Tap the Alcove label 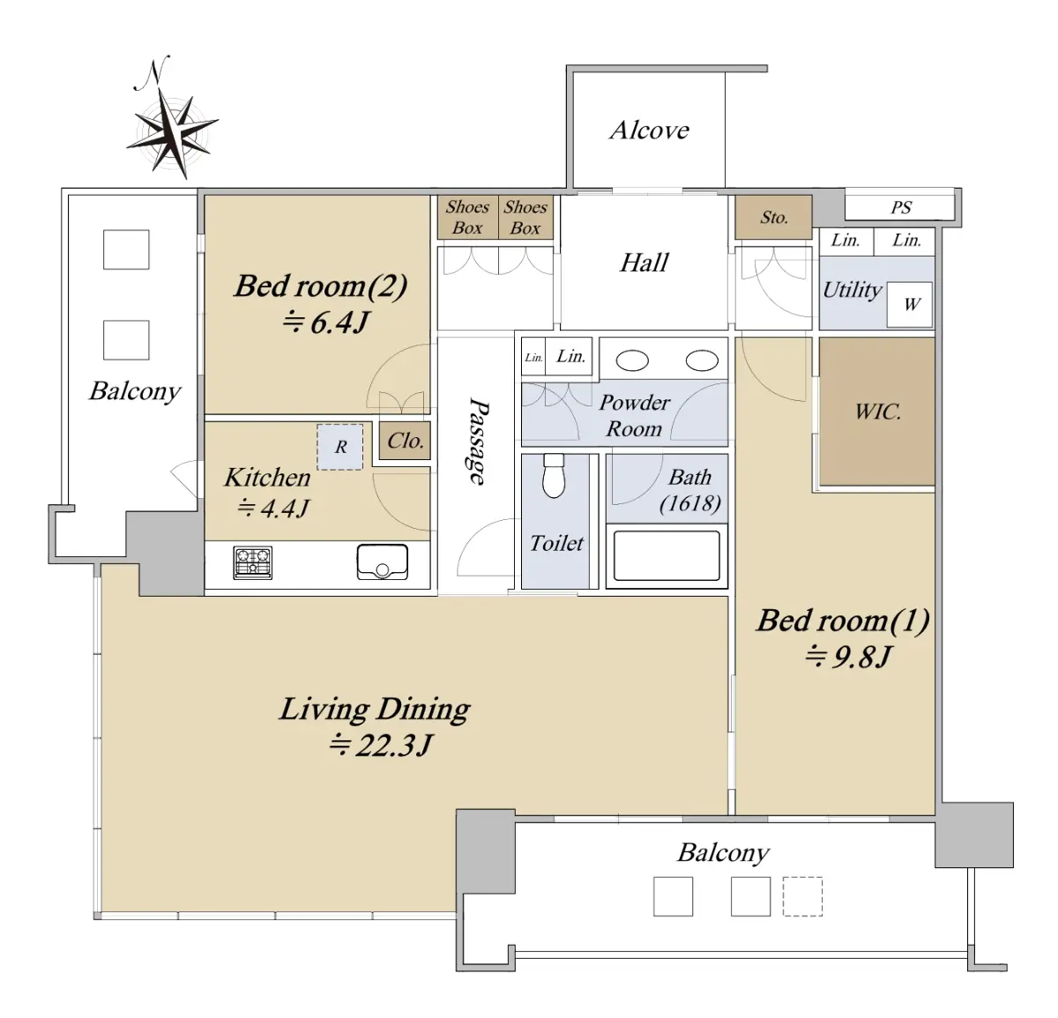pos(650,130)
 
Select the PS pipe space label pos(901,208)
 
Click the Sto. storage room pos(773,217)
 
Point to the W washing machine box pos(910,304)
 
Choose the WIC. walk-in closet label pos(878,412)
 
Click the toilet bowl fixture pos(554,476)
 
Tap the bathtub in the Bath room pos(667,555)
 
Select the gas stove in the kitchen pos(253,562)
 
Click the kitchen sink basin pos(383,561)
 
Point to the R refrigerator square pos(340,448)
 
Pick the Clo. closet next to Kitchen pos(405,440)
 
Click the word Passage pos(478,441)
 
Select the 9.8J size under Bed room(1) pos(848,658)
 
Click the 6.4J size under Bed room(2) pos(325,323)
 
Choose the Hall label pos(644,263)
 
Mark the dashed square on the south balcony pos(802,896)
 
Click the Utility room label pos(852,290)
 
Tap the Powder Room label pos(635,416)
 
